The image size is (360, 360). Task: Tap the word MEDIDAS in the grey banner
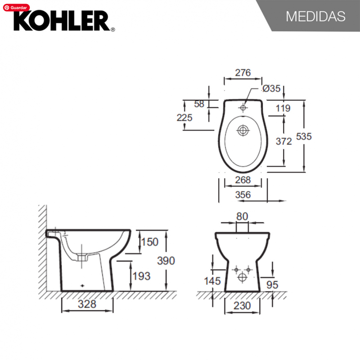click(315, 17)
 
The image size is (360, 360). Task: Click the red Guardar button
click(16, 8)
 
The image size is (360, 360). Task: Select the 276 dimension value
click(243, 73)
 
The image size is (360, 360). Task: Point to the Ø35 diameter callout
click(271, 88)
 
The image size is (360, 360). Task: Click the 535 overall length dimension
click(304, 136)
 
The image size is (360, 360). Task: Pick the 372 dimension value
click(284, 141)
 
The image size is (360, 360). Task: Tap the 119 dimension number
click(283, 108)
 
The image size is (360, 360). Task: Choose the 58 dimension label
click(199, 104)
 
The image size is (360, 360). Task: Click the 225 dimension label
click(184, 117)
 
